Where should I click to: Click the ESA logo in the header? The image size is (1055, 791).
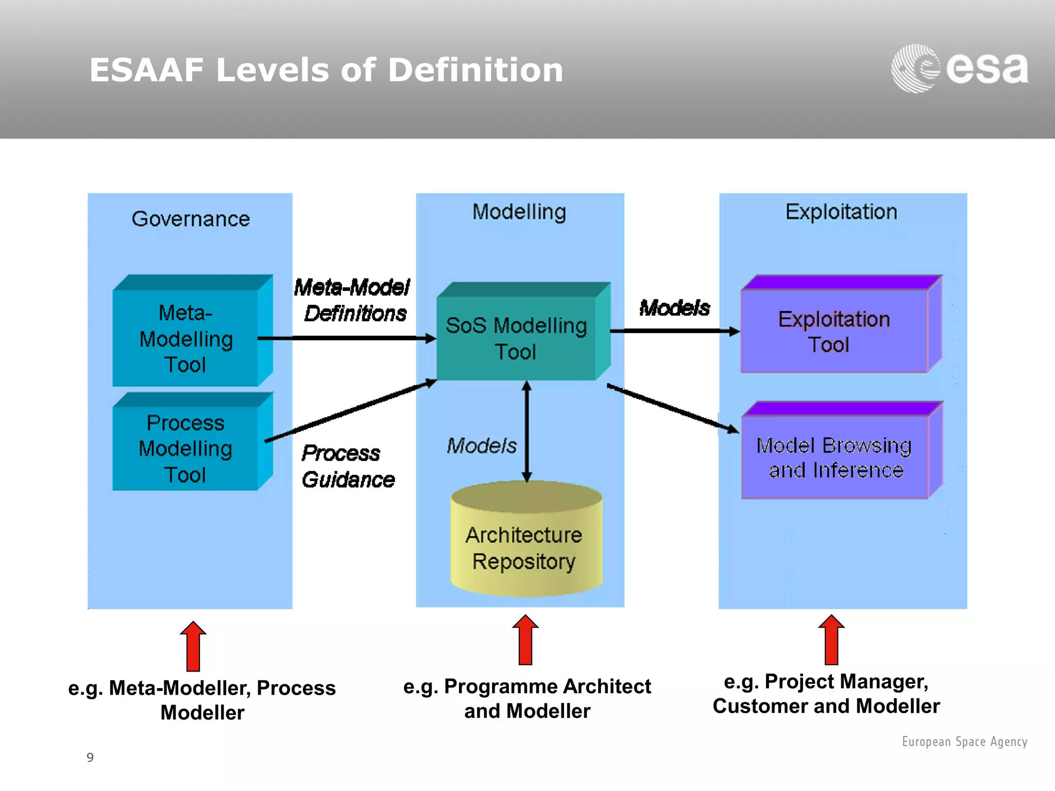click(959, 68)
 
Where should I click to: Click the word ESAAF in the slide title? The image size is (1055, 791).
click(146, 70)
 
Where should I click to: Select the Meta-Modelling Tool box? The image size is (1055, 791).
click(185, 338)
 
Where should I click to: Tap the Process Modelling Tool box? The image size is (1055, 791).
click(185, 448)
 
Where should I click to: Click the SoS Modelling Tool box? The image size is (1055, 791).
click(516, 338)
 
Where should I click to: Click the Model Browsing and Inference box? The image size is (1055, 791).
click(835, 457)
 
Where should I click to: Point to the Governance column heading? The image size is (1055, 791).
click(191, 219)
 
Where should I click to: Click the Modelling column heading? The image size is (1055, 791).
click(519, 212)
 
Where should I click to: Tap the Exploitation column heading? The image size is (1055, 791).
click(841, 212)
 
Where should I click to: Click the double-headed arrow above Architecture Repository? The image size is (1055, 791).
click(526, 432)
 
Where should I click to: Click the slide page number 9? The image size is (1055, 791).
click(90, 758)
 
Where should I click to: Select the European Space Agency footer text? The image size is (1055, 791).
click(964, 742)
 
